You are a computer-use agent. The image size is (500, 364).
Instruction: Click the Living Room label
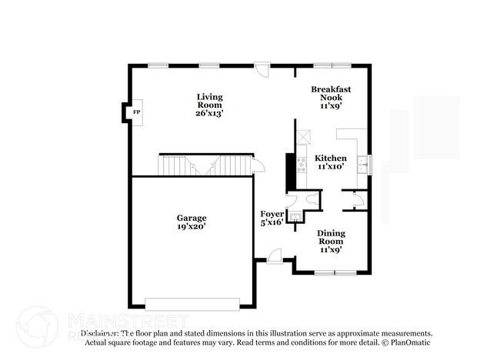[x=209, y=102]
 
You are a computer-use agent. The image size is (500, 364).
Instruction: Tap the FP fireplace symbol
[x=137, y=113]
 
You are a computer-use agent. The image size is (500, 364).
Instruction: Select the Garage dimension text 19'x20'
[x=191, y=227]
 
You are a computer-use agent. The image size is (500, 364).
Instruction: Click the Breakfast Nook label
[x=331, y=94]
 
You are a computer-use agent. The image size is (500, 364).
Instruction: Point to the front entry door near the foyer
[x=274, y=256]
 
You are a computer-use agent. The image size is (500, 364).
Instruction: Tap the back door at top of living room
[x=262, y=69]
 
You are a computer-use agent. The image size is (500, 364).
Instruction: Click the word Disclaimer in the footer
[x=99, y=333]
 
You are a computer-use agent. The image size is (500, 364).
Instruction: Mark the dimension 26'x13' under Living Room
[x=209, y=114]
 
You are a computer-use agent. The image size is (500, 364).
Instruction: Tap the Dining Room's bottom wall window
[x=335, y=273]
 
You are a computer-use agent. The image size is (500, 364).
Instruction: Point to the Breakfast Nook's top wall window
[x=331, y=65]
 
